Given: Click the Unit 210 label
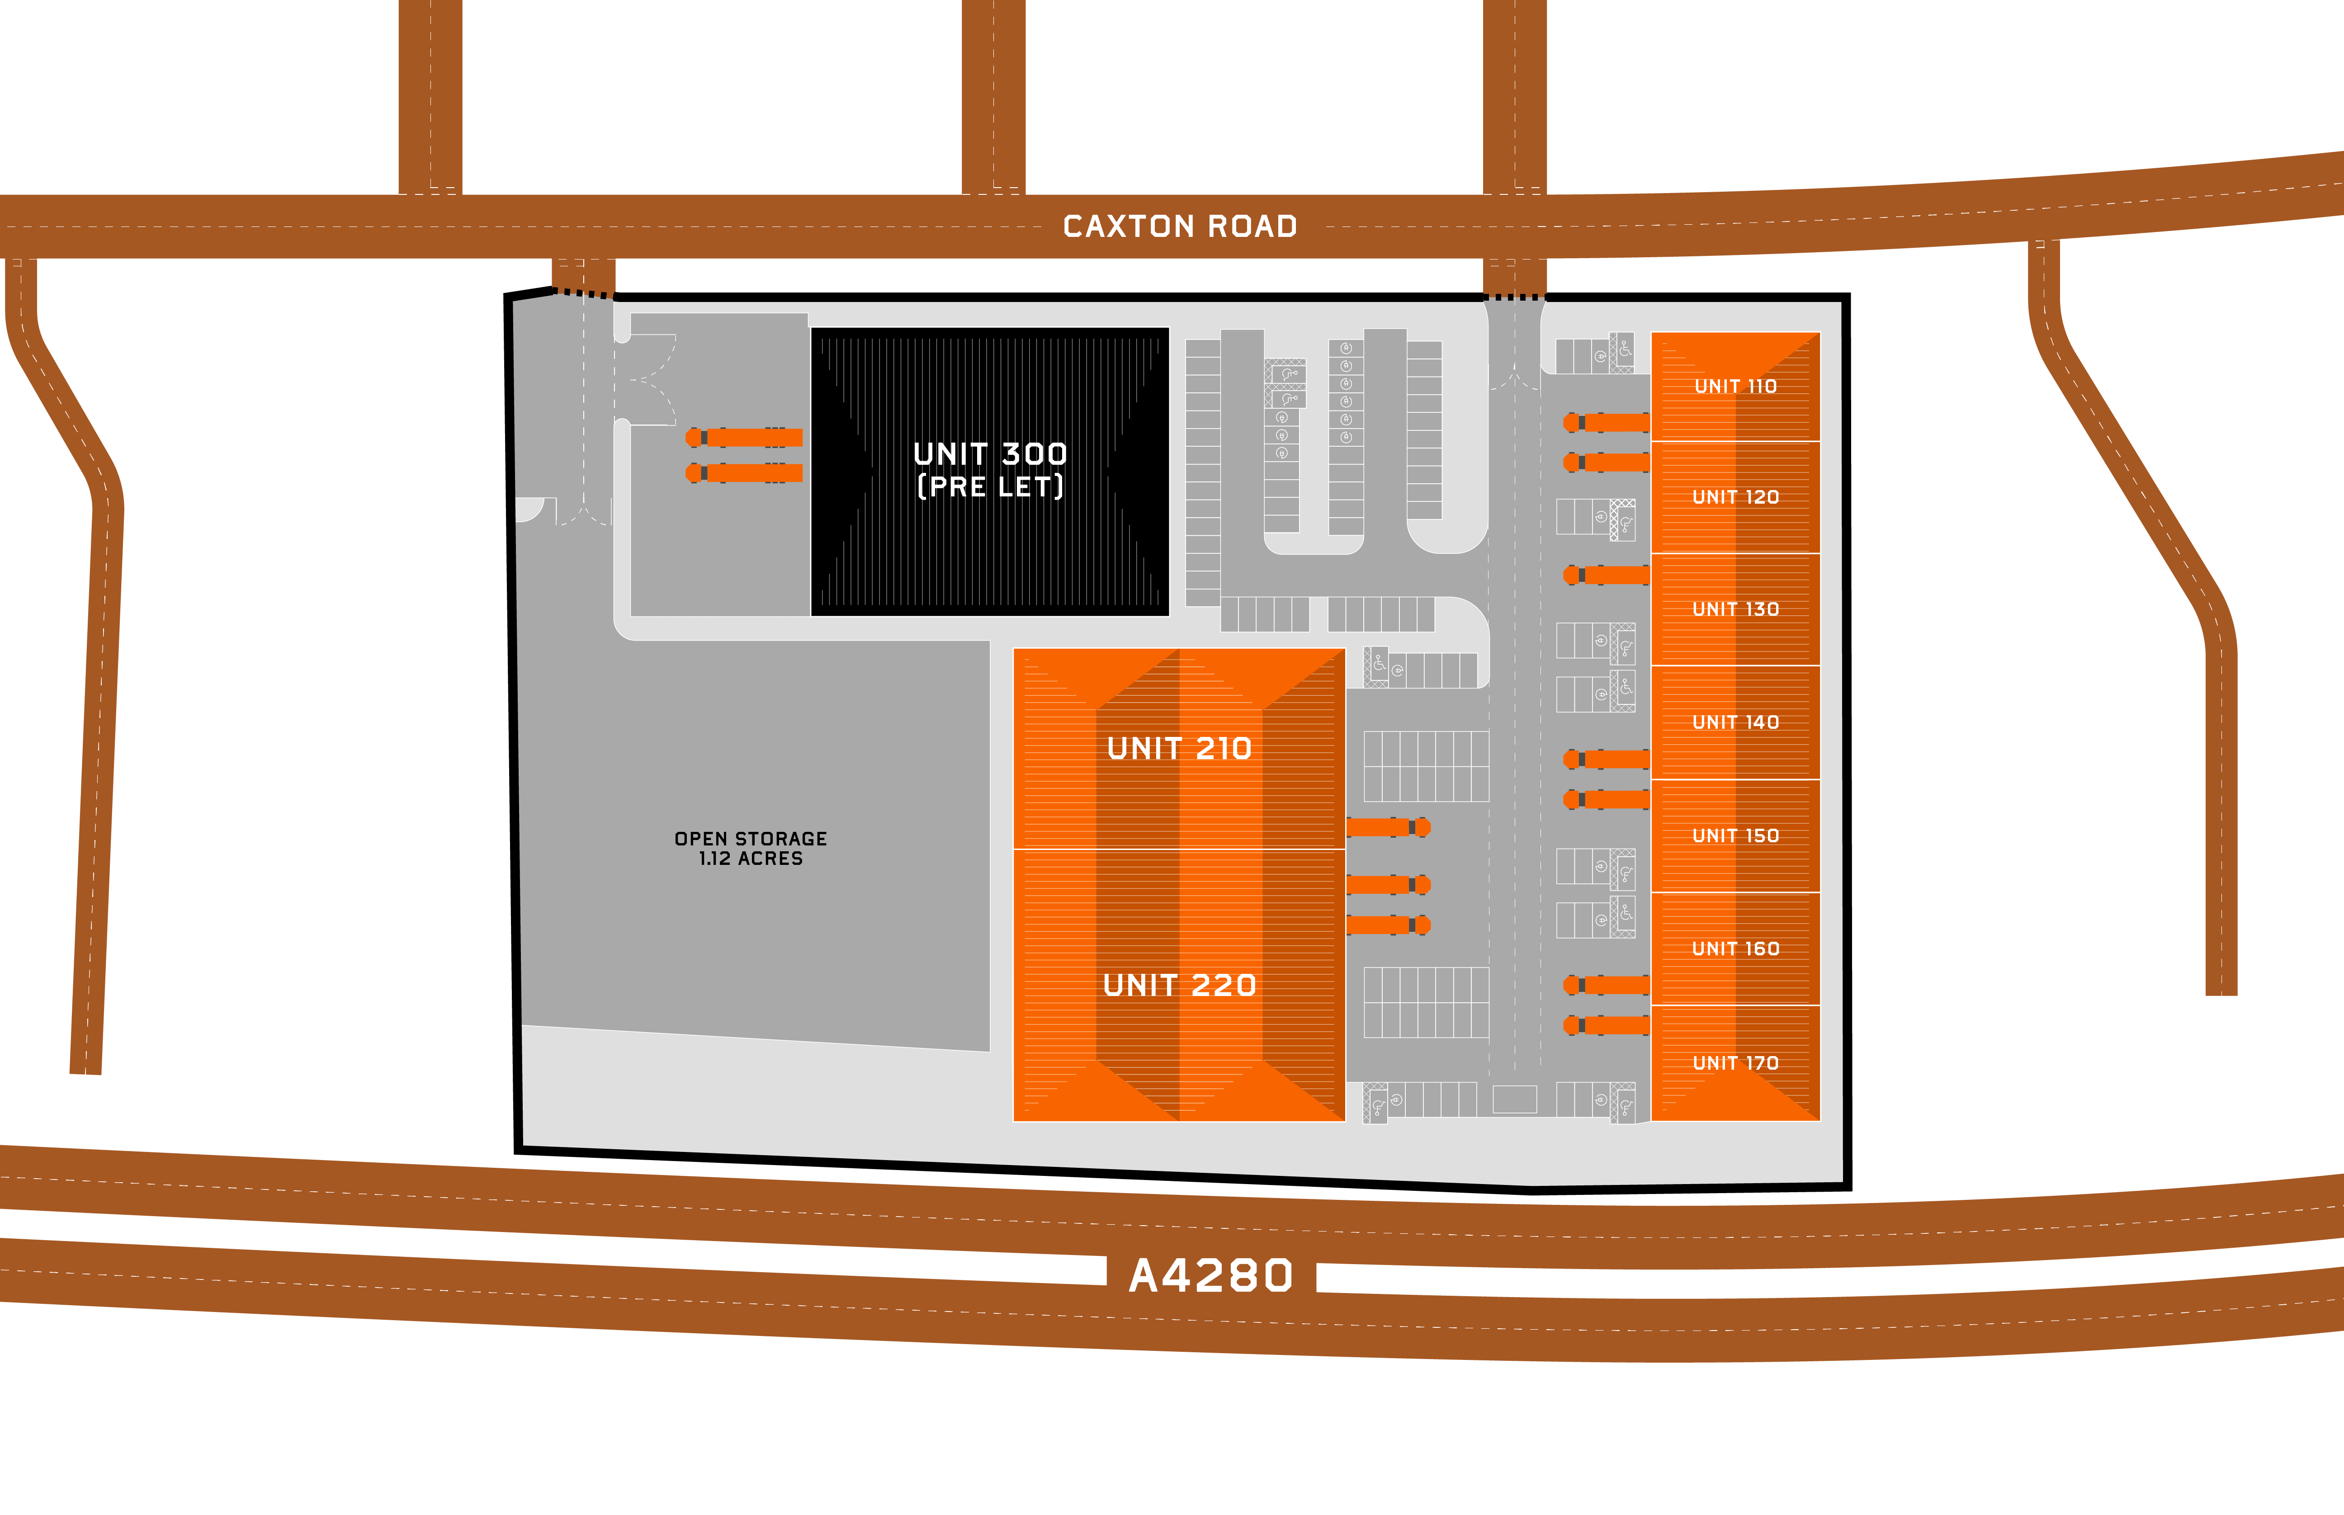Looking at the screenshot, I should click(x=1179, y=749).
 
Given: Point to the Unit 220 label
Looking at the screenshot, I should click(x=1179, y=985).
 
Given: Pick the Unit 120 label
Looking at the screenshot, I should click(x=1735, y=497).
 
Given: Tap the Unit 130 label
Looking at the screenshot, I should click(x=1735, y=609).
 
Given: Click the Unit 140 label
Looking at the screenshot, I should click(x=1735, y=722).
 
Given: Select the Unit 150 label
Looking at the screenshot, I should click(x=1735, y=835).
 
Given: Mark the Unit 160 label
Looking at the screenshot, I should click(x=1735, y=949).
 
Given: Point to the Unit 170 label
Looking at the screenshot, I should click(x=1735, y=1062).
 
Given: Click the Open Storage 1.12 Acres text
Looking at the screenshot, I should click(x=751, y=848).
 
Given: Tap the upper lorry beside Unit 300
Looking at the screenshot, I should click(x=745, y=437).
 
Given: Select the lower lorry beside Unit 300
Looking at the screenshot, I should click(x=745, y=473).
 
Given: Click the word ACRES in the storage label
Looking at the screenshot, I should click(x=770, y=859).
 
